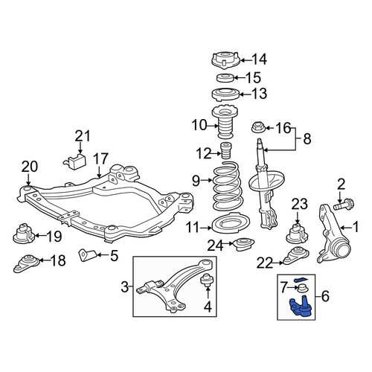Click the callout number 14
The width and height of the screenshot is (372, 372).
[x=260, y=60]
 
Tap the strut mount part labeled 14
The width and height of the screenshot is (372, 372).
[x=225, y=61]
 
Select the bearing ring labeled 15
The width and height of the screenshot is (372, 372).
[x=225, y=77]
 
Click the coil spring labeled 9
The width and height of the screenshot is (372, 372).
[x=226, y=186]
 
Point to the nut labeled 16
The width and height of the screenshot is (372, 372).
[x=259, y=127]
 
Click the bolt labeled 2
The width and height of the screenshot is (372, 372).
[x=344, y=205]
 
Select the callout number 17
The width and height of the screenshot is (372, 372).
[x=101, y=159]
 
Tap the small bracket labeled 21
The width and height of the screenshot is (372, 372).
[x=74, y=161]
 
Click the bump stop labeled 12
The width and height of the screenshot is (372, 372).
[x=225, y=150]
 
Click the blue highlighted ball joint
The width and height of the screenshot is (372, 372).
[x=301, y=307]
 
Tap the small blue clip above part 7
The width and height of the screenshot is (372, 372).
[x=301, y=279]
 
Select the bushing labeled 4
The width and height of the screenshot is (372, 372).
[x=207, y=280]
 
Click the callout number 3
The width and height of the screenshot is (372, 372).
[x=125, y=288]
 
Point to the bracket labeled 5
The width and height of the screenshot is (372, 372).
[x=88, y=255]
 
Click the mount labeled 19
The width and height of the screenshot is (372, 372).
[x=24, y=234]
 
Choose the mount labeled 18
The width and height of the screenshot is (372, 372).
[x=26, y=263]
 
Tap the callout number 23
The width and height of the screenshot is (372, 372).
[x=300, y=205]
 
